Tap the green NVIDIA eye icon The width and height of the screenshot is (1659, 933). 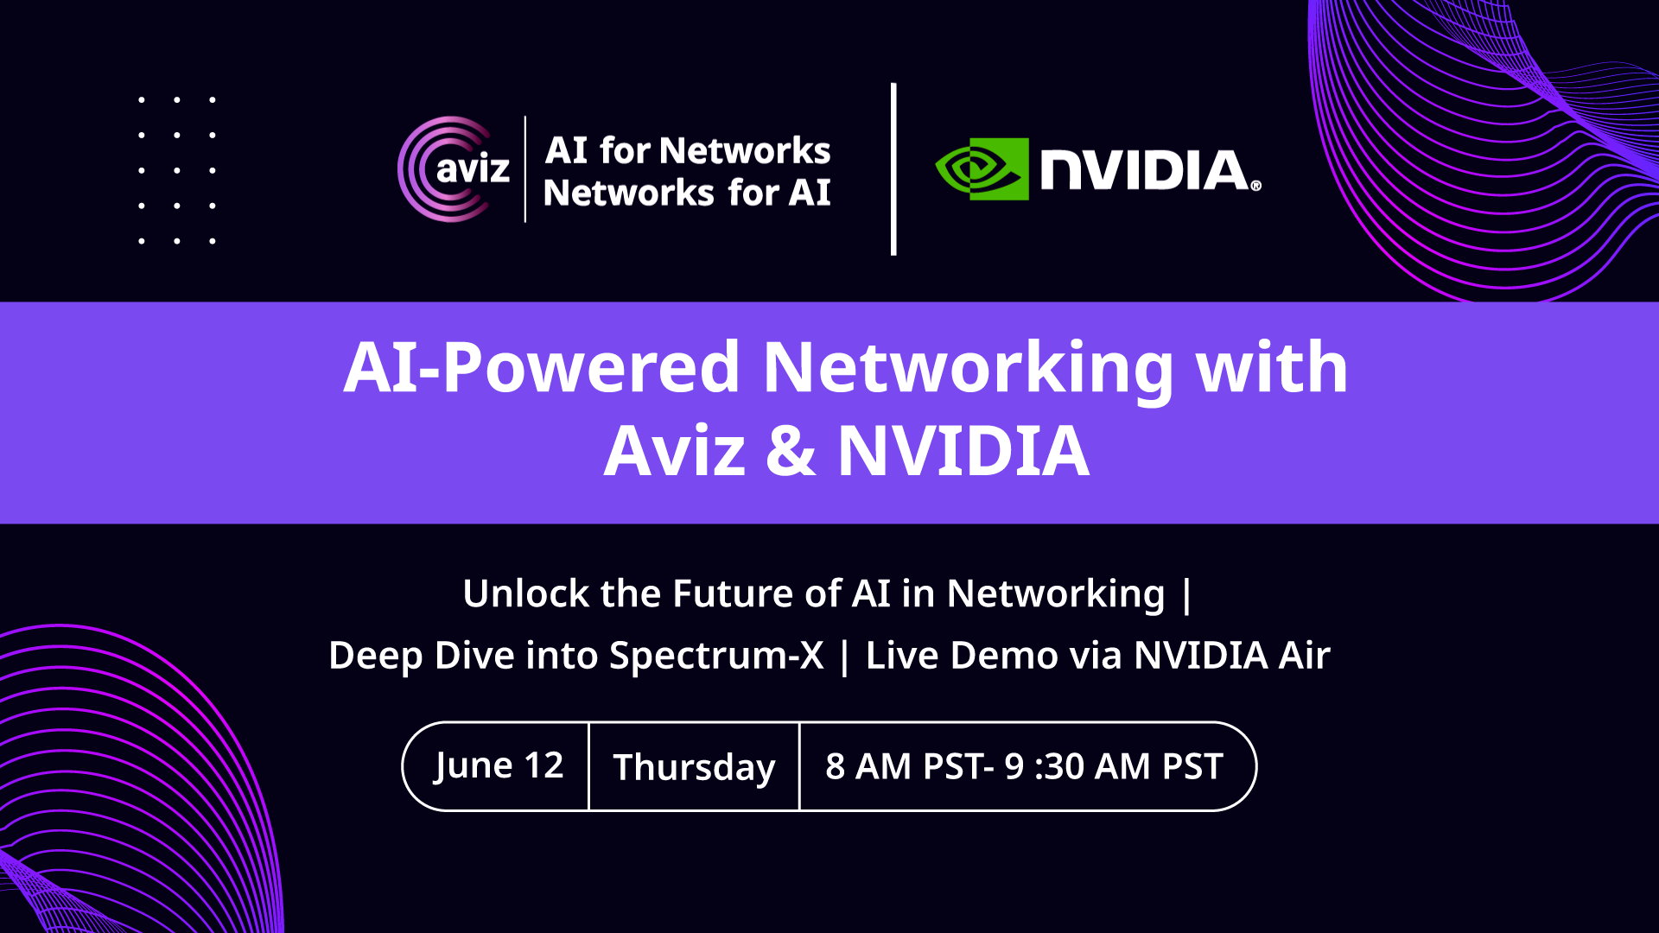(982, 169)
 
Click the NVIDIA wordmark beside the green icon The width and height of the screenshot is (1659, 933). (1150, 170)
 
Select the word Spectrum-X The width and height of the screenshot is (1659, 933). (716, 656)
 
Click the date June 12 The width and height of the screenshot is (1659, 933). (499, 765)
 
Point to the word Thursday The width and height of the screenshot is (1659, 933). (694, 768)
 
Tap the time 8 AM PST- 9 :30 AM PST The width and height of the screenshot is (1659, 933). (1024, 766)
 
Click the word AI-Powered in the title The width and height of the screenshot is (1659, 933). (542, 367)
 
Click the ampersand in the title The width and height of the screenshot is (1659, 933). (791, 450)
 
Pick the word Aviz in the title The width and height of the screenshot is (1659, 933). (674, 450)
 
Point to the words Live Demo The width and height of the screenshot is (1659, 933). (962, 655)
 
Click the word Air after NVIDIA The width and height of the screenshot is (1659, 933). (1305, 655)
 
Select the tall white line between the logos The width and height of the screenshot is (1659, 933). (893, 169)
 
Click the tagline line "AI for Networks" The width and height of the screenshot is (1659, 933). (688, 150)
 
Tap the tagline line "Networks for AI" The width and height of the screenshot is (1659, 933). (688, 193)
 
